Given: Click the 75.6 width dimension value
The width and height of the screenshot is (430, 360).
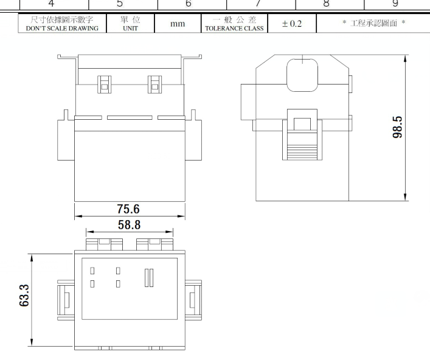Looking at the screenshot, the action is [128, 209].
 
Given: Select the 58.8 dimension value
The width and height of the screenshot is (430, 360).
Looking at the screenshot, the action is [129, 225].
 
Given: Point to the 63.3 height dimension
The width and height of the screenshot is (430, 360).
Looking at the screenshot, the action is [24, 296].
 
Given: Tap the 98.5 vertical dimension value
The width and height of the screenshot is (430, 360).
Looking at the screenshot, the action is [397, 127].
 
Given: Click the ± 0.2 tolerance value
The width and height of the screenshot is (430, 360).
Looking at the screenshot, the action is [292, 24].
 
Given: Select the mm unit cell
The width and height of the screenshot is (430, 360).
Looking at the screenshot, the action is [178, 24].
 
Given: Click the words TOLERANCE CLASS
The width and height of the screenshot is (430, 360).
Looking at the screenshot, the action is [234, 28].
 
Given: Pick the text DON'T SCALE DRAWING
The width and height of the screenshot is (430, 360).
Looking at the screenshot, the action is [62, 28].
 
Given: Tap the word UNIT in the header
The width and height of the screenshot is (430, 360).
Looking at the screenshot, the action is [130, 28].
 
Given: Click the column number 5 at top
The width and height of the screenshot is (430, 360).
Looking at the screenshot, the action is [120, 4].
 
